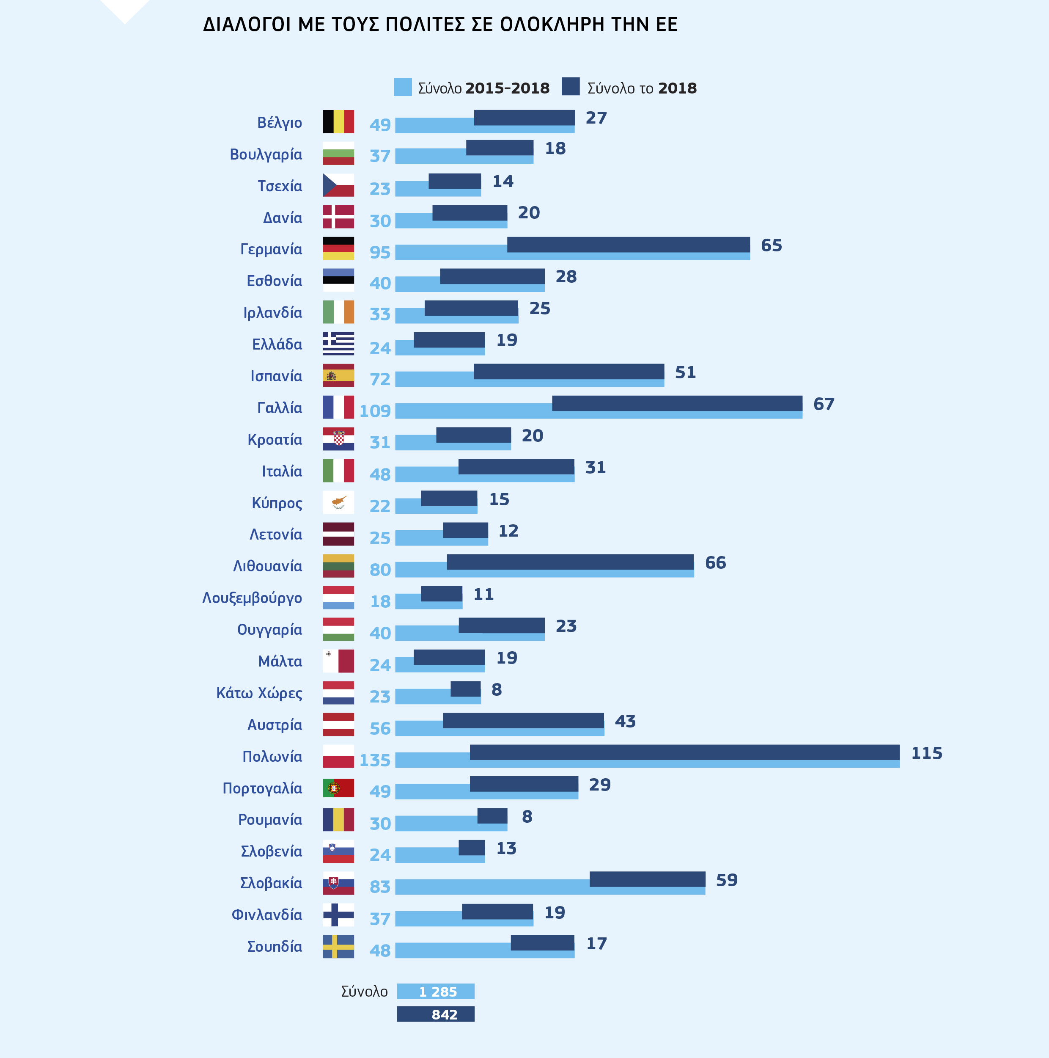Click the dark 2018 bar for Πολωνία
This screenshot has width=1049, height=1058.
pos(684,752)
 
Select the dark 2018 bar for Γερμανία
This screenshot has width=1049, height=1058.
pos(628,244)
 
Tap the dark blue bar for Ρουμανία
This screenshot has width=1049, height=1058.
pos(492,816)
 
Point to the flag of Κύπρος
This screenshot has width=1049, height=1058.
pos(338,502)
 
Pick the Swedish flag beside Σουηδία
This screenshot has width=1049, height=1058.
pos(338,946)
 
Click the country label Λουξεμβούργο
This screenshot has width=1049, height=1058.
pos(252,598)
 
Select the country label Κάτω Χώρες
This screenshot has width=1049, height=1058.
pos(259,693)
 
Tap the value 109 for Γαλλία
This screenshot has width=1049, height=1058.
pos(375,411)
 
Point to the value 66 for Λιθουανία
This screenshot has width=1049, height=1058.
pos(715,562)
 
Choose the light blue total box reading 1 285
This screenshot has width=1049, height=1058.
pos(436,991)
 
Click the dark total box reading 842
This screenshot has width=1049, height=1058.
pos(436,1014)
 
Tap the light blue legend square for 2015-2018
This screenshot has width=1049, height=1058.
pos(403,87)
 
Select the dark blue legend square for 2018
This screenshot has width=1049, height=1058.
pos(571,86)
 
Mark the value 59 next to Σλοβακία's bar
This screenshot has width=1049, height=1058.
pos(727,880)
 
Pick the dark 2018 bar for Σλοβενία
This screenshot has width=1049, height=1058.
pos(471,847)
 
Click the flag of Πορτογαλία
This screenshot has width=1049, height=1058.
pos(338,788)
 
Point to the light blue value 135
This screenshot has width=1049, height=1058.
pos(375,760)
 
